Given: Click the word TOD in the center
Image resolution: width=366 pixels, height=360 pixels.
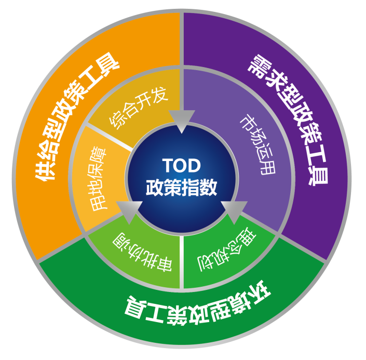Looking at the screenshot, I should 182,165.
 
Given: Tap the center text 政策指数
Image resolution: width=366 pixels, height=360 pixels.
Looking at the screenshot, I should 181,186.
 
